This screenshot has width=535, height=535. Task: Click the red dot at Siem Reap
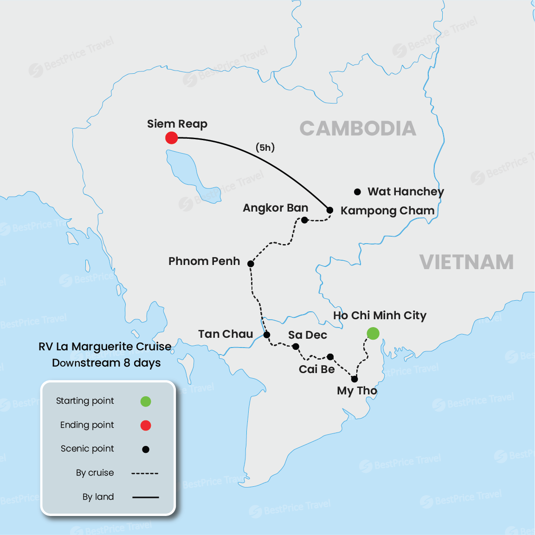pos(172,138)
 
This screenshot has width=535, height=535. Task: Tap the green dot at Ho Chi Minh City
pos(373,333)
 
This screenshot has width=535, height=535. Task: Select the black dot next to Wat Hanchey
pos(357,192)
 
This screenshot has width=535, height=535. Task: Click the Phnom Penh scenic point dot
pos(251,264)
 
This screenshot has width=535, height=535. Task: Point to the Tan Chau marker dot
pos(267,335)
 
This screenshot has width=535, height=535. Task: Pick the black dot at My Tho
pos(355,379)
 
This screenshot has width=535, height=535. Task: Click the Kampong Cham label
pos(387,211)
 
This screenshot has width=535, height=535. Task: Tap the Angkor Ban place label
pos(275,208)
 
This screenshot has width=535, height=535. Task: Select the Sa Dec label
pos(307,335)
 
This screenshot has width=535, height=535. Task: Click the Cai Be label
pos(316,369)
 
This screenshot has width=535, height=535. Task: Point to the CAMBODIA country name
pos(358,129)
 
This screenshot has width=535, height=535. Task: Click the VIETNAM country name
pos(466,262)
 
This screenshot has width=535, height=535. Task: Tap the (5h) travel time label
pos(265,148)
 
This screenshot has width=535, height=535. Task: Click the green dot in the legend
pos(146,401)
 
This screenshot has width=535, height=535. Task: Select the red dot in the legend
pos(146,425)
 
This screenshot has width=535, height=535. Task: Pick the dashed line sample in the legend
pos(145,473)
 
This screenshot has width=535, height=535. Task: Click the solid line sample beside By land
pos(145,497)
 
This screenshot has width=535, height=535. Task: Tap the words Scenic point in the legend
pos(87,449)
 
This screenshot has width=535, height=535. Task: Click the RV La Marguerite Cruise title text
pos(105,347)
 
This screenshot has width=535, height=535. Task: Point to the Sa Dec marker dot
pos(296,347)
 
